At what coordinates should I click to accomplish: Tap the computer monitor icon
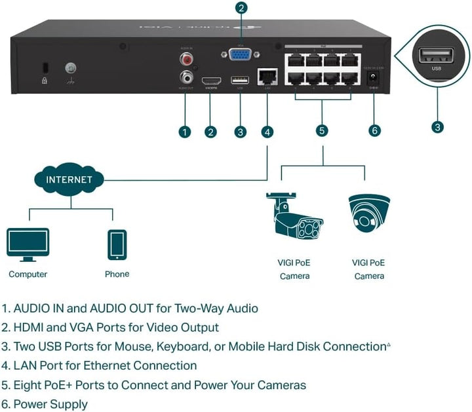(x=28, y=244)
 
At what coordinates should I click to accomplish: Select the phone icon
(x=117, y=245)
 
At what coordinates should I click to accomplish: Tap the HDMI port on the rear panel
(x=210, y=81)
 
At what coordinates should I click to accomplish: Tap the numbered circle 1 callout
(x=185, y=132)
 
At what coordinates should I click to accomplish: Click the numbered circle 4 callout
(x=267, y=132)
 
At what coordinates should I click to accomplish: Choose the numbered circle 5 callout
(x=322, y=130)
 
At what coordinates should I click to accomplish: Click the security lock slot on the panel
(x=45, y=68)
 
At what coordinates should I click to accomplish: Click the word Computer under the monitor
(x=28, y=274)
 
